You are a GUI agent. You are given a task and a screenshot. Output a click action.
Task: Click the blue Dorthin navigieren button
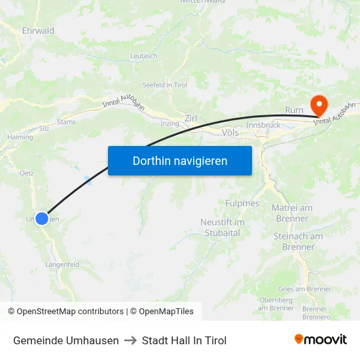pos(180,160)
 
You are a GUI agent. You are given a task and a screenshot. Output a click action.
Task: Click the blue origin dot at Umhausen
pos(42,219)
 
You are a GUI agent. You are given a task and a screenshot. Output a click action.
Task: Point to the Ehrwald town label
pos(38,31)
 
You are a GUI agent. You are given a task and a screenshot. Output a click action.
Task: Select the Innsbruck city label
pos(263,125)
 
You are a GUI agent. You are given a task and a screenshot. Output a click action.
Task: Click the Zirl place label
pos(191,118)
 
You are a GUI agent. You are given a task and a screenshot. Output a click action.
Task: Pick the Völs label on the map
pos(230,132)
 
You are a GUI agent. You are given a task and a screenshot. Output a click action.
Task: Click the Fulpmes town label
pos(242,204)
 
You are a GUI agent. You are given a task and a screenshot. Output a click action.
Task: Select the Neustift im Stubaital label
pos(223,227)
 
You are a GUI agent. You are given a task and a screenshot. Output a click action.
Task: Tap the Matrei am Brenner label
pos(292,213)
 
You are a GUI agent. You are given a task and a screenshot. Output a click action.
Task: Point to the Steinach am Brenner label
pos(298,242)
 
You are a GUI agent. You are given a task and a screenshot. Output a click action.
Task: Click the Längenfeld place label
pos(62,264)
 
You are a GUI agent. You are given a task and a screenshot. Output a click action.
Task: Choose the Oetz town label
pos(26,173)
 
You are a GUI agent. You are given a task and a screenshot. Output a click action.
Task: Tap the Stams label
pos(67,122)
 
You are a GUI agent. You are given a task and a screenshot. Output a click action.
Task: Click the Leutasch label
pos(144,56)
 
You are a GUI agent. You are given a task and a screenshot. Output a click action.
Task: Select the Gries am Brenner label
pos(304,289)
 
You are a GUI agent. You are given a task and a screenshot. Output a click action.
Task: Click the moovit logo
pos(321,340)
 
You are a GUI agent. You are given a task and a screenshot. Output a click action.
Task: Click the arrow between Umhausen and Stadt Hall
pos(130,340)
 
